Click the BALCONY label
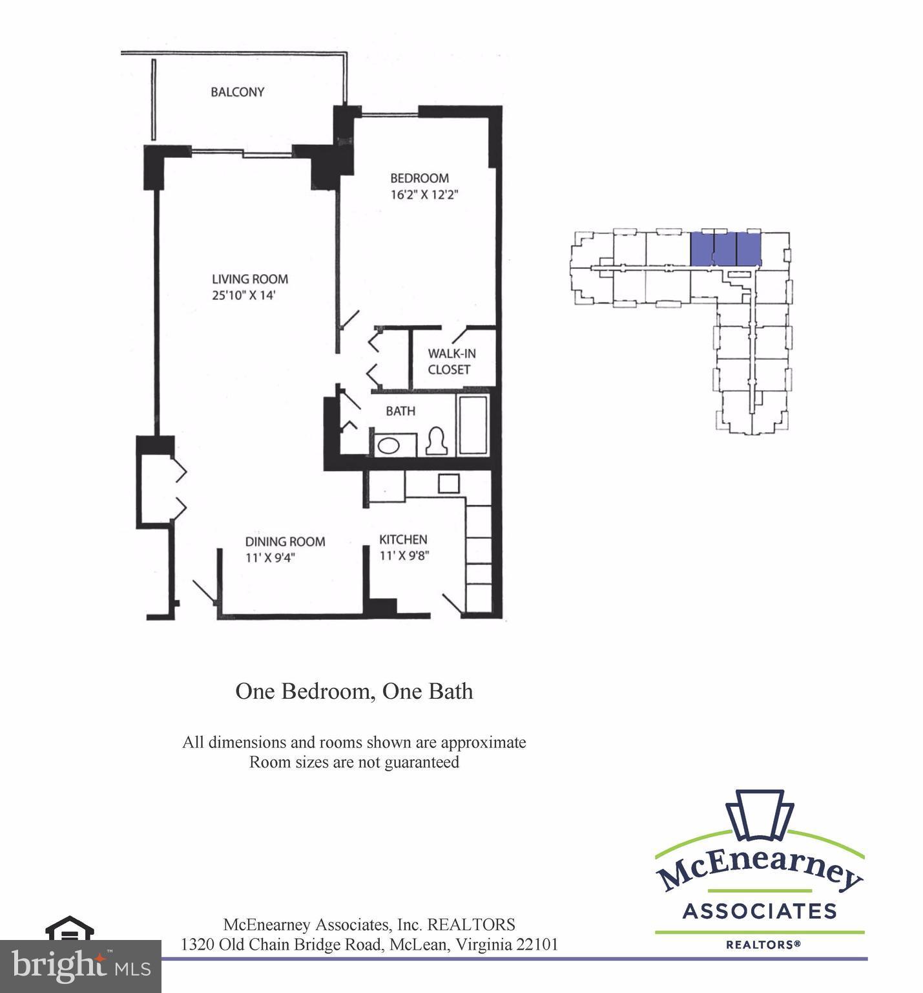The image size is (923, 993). [x=237, y=92]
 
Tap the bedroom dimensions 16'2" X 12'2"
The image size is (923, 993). [x=424, y=194]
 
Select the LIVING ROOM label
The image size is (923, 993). [x=250, y=279]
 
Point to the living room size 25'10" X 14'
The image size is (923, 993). [x=249, y=295]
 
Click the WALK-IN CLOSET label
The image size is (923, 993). [x=451, y=361]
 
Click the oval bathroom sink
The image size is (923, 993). [x=388, y=445]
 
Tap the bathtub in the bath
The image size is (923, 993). [x=474, y=425]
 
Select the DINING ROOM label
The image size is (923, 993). [x=284, y=542]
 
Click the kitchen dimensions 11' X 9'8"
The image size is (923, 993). [x=404, y=555]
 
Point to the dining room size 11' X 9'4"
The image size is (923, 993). [x=270, y=557]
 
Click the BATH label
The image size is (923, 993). [x=400, y=411]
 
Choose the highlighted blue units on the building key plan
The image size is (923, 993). [x=725, y=249]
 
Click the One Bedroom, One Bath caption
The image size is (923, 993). [x=354, y=691]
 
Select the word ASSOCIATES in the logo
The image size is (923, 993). [x=759, y=912]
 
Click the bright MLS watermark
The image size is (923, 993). [x=80, y=966]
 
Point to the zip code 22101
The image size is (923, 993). [x=537, y=945]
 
